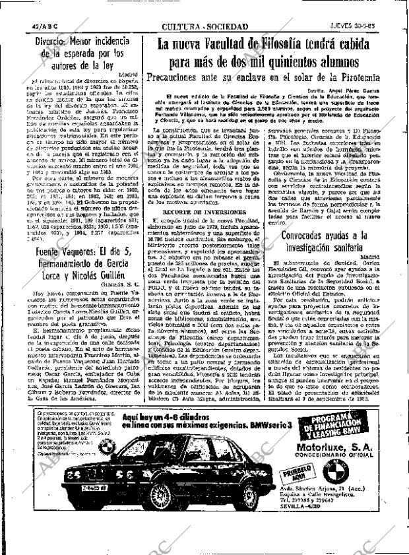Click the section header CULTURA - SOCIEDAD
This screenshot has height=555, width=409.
click(204, 27)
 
